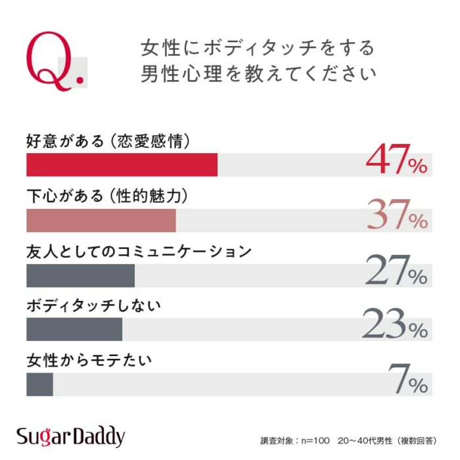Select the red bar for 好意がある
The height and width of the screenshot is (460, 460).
coord(122,165)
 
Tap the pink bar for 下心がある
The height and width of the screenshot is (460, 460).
coord(101,221)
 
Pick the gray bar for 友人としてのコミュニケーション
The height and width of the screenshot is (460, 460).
coord(80,276)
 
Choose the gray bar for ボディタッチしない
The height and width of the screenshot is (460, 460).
coord(74,330)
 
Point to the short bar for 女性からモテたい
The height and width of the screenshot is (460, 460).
coord(39,385)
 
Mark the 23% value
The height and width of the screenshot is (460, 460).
coord(394,325)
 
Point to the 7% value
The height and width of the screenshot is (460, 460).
coord(407,380)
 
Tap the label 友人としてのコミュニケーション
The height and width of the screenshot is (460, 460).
coord(139,252)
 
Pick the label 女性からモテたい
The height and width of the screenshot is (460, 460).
coord(89,361)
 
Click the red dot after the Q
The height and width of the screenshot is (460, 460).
coord(81,81)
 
